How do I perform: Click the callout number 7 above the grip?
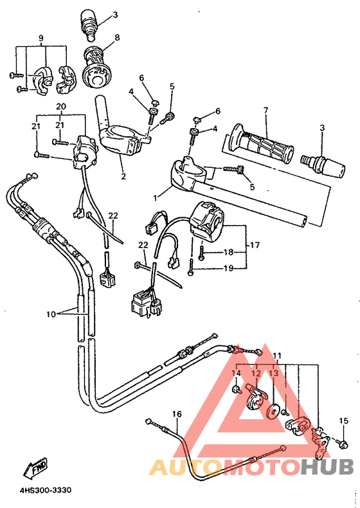[x=264, y=111]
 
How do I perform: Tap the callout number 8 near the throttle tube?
[x=116, y=38]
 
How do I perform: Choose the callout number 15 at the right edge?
[x=343, y=421]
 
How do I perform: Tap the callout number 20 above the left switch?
[x=60, y=106]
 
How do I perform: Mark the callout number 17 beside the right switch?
[x=255, y=244]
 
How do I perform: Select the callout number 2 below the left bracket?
[x=123, y=175]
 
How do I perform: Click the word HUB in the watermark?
[x=328, y=467]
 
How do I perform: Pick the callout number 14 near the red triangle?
[x=235, y=374]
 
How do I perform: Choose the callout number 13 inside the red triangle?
[x=273, y=374]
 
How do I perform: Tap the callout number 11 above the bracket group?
[x=277, y=355]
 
